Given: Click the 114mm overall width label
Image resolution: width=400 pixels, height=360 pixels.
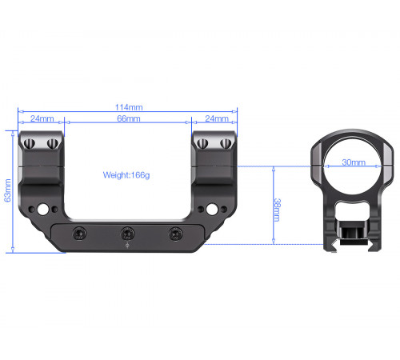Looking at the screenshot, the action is pyautogui.click(x=129, y=107).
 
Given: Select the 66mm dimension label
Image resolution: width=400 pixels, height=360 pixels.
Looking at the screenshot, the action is pyautogui.click(x=129, y=118).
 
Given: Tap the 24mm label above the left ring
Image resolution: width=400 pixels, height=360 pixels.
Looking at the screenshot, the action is pyautogui.click(x=42, y=118).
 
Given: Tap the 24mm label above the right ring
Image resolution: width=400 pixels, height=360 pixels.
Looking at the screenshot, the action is pyautogui.click(x=217, y=118).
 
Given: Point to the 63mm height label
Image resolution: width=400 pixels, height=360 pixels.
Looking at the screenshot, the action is pyautogui.click(x=8, y=190).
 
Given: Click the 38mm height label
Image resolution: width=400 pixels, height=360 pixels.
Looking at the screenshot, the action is pyautogui.click(x=277, y=210).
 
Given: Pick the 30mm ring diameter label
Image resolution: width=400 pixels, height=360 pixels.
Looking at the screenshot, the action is pyautogui.click(x=354, y=162).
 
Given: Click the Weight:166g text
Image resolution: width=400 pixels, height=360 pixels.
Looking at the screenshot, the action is pyautogui.click(x=126, y=175).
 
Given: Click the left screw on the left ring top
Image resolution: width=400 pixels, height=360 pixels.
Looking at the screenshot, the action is pyautogui.click(x=30, y=144).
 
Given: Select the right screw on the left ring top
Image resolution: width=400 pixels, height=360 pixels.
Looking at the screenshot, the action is pyautogui.click(x=53, y=144).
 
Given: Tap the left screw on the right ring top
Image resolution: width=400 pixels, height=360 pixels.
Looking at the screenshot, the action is pyautogui.click(x=202, y=144).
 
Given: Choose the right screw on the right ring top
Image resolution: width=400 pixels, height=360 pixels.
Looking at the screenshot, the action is pyautogui.click(x=226, y=144).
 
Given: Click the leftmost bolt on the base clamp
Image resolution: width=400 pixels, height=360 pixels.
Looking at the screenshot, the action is pyautogui.click(x=79, y=234).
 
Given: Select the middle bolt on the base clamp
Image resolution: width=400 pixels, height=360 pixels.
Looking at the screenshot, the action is pyautogui.click(x=127, y=234).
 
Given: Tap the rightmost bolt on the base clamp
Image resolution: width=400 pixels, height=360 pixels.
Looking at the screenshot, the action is pyautogui.click(x=176, y=234).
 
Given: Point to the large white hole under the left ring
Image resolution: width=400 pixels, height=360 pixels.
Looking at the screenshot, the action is pyautogui.click(x=42, y=210).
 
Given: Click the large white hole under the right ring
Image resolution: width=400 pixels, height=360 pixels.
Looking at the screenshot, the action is pyautogui.click(x=212, y=210).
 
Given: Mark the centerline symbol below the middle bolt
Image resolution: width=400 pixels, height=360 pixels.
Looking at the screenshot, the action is pyautogui.click(x=127, y=246).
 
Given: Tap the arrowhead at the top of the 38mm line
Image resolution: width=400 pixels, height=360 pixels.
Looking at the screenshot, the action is pyautogui.click(x=274, y=169).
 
